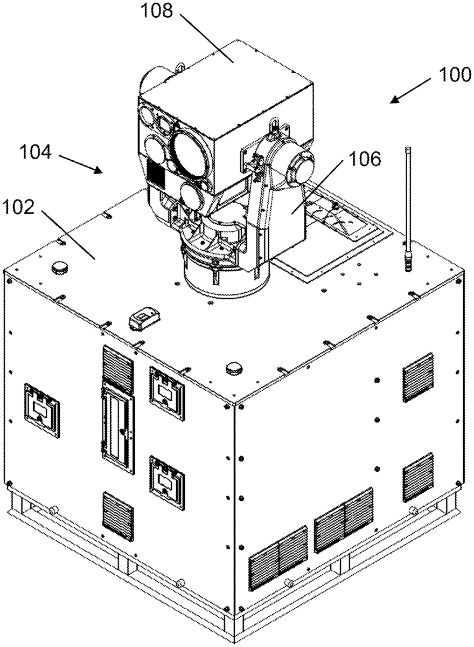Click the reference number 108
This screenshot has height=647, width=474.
(157, 11)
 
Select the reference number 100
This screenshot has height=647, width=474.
(455, 74)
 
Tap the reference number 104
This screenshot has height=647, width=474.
(36, 152)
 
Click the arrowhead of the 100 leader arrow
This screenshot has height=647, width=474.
(395, 100)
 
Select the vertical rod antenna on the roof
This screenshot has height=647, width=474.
(408, 209)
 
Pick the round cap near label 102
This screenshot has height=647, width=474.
(60, 269)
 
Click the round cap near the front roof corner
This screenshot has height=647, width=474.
(234, 369)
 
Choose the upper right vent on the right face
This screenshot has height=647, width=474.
(418, 377)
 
